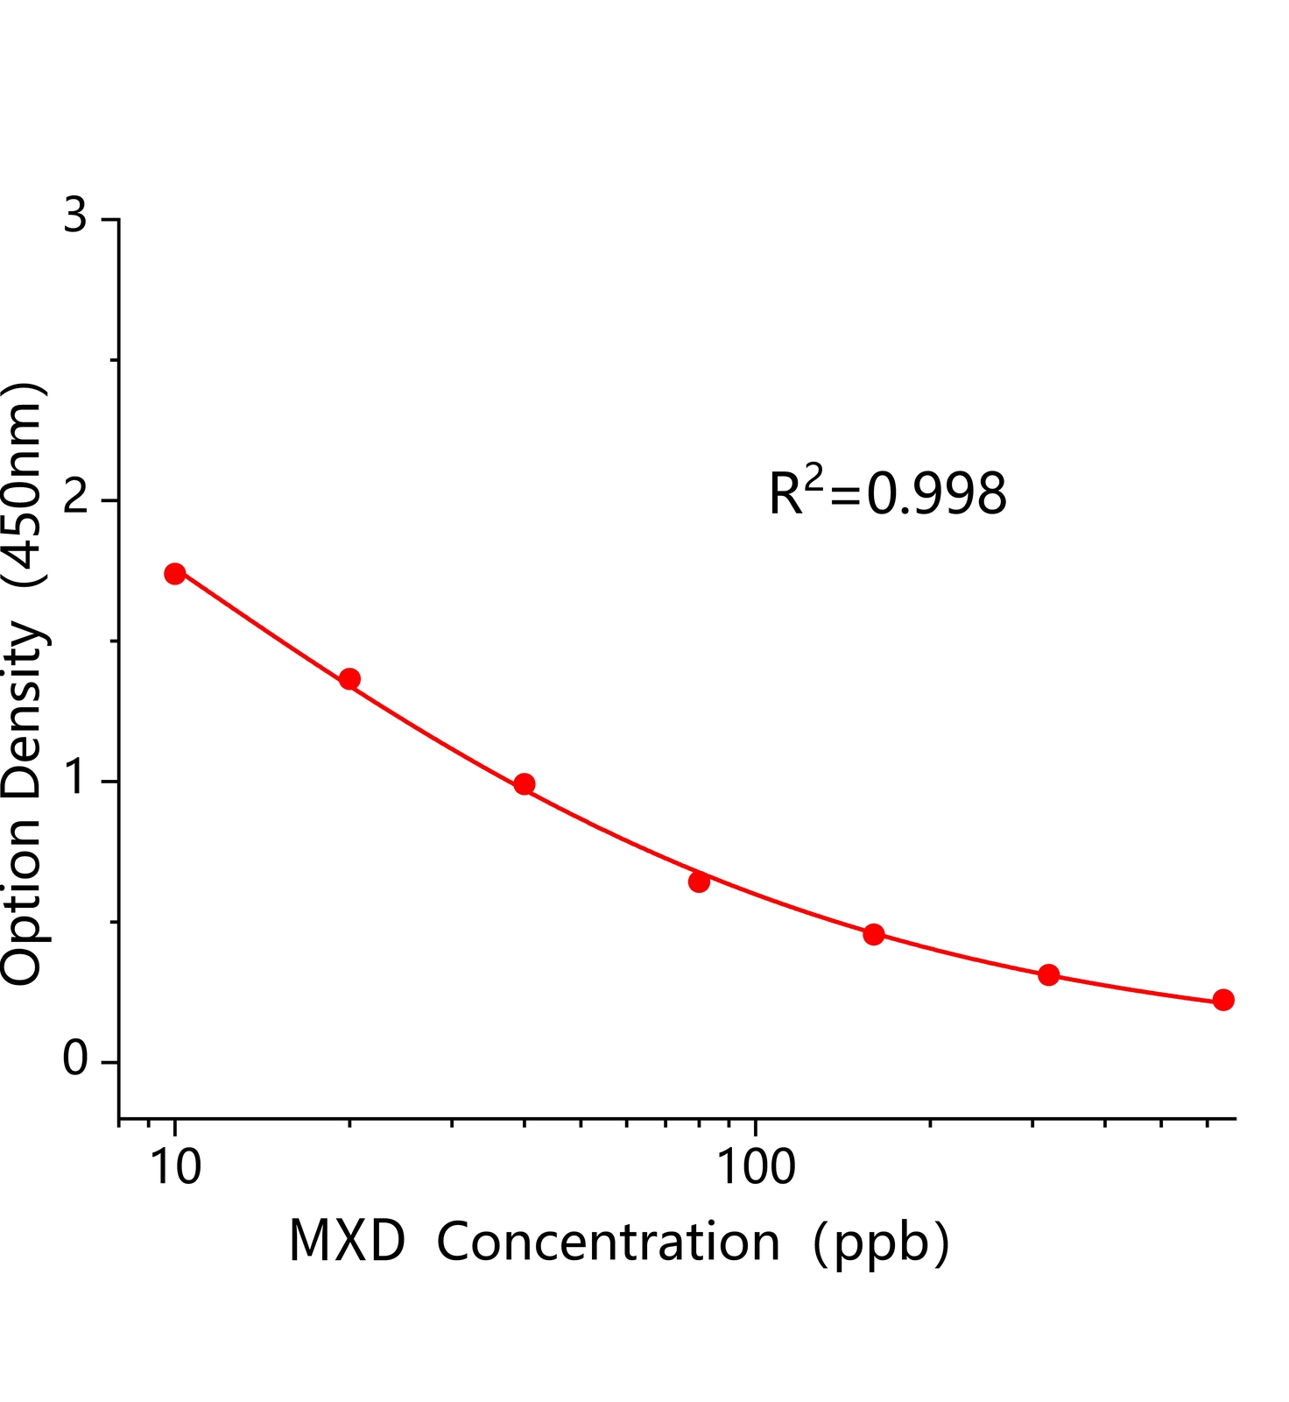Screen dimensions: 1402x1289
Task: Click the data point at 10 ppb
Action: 175,574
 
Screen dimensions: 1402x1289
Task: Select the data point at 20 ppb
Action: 349,679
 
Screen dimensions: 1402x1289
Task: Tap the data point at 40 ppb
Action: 525,784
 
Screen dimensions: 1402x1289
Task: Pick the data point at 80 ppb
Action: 699,882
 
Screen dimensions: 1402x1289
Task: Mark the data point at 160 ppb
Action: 873,934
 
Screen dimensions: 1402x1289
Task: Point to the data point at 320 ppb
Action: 1048,975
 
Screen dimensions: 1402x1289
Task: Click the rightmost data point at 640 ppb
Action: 1223,1000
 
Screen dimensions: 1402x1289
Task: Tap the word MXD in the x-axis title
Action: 347,1242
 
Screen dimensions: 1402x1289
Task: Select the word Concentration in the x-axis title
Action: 608,1242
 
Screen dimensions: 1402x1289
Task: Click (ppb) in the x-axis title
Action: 880,1243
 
